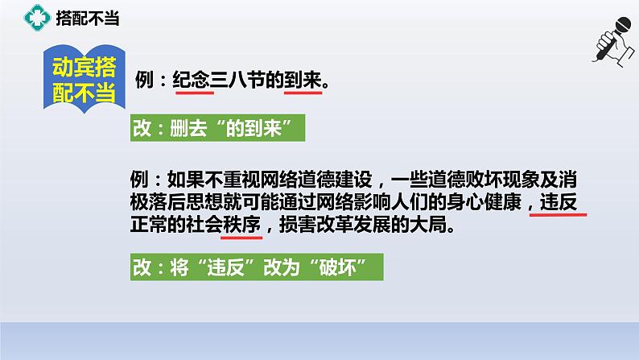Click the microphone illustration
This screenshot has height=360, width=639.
(612, 52)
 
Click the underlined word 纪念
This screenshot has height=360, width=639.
(193, 81)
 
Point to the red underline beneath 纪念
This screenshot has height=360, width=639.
(193, 93)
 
